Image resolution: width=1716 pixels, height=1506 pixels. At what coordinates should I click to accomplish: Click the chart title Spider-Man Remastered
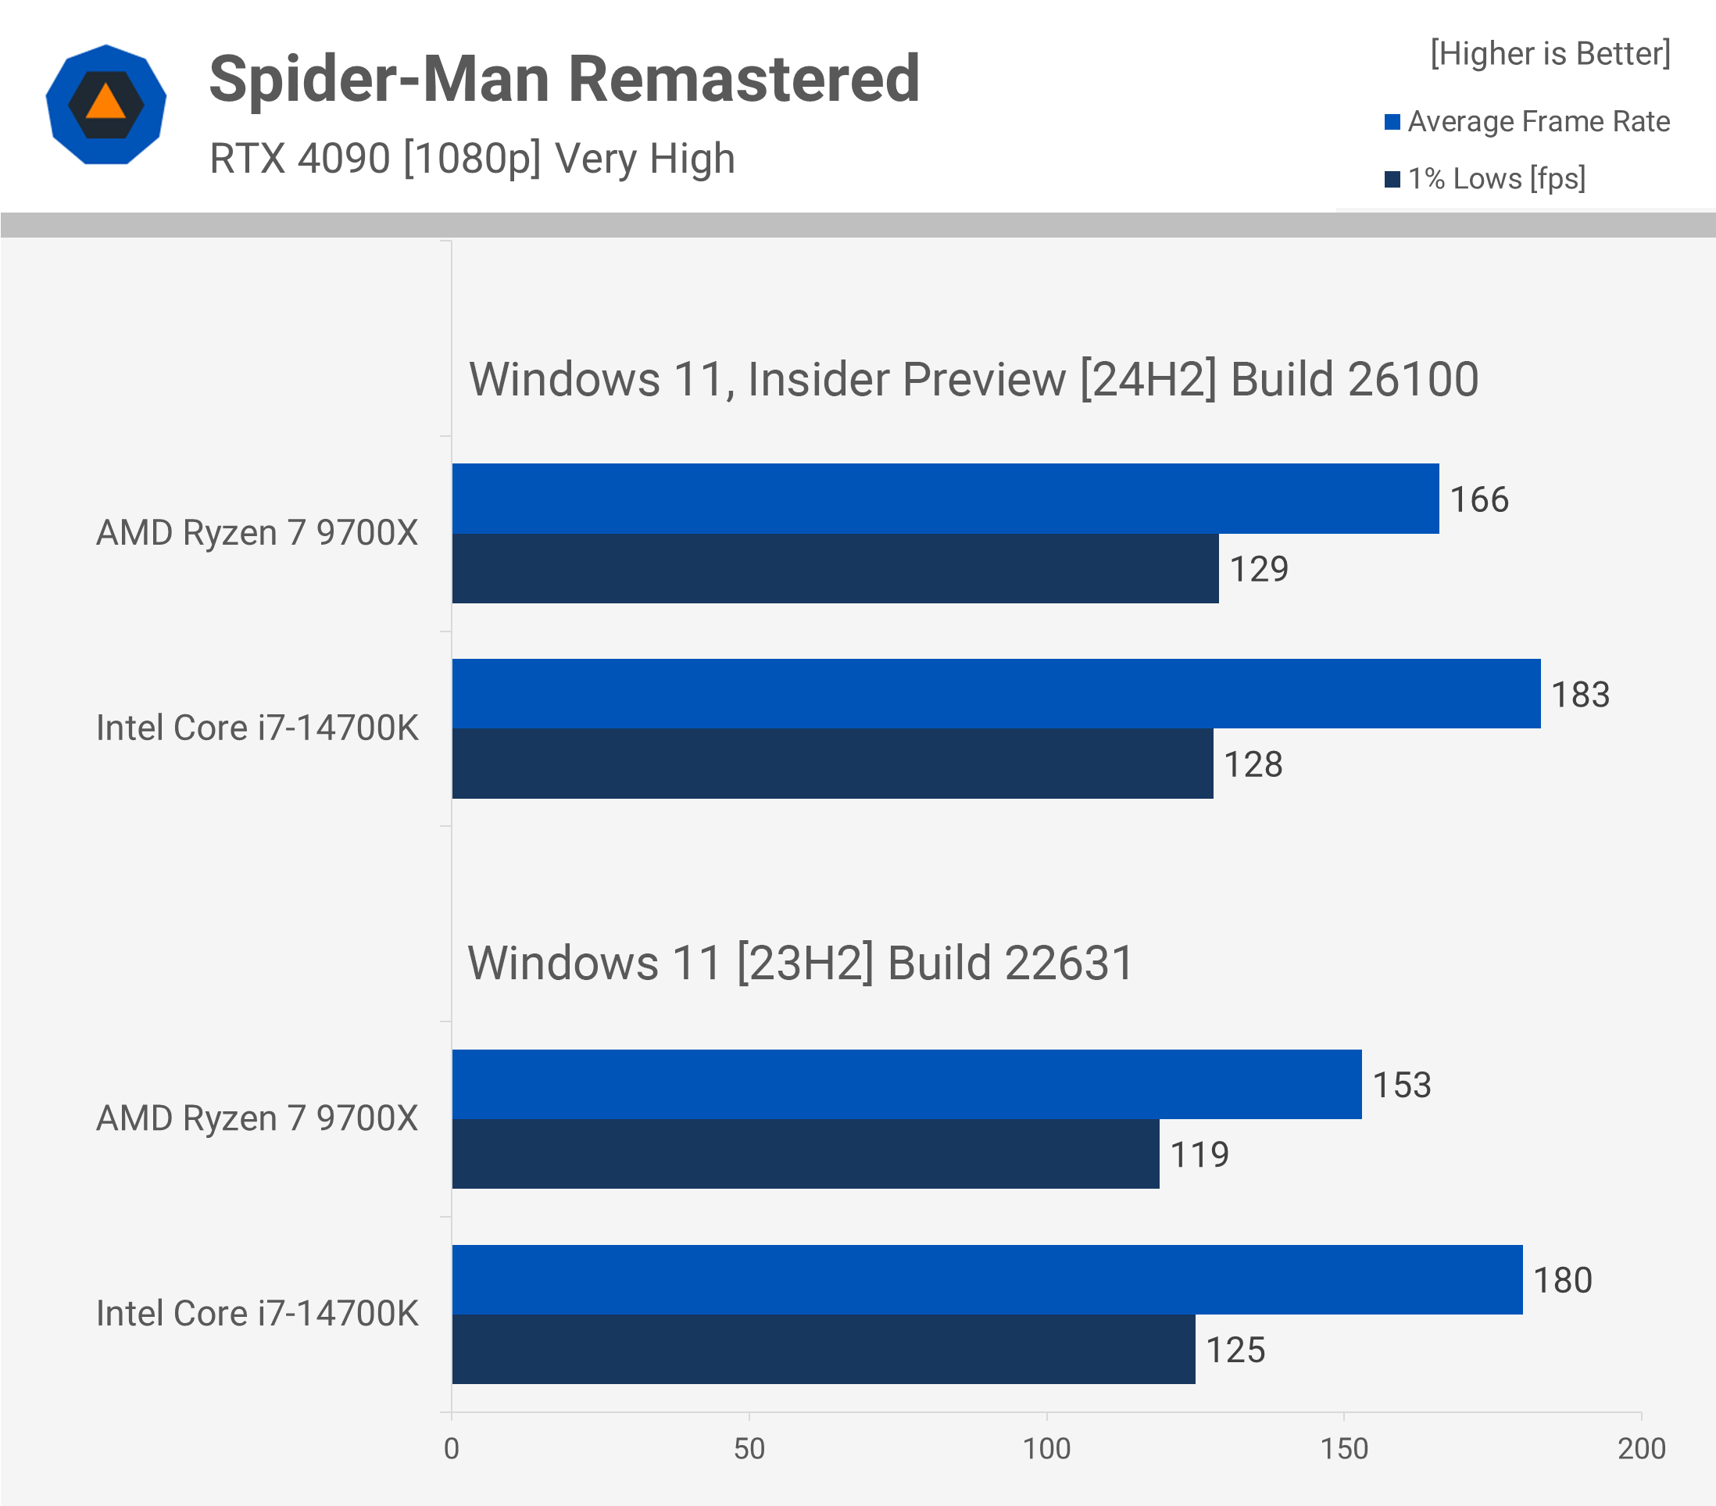(x=564, y=79)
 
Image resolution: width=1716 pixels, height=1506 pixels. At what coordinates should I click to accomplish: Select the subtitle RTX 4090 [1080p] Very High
(x=472, y=159)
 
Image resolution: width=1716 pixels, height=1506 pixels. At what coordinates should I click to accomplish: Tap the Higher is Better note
(x=1550, y=54)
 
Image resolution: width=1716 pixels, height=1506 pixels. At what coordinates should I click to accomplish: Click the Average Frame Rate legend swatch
(x=1392, y=123)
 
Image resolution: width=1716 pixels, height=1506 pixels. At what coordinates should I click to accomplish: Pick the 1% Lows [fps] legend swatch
(x=1392, y=180)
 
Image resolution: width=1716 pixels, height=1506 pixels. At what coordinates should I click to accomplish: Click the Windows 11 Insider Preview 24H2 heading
(x=973, y=380)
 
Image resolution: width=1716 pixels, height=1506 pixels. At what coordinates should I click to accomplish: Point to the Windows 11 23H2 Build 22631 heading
(x=800, y=963)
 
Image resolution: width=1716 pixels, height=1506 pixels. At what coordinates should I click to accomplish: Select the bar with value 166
(x=945, y=499)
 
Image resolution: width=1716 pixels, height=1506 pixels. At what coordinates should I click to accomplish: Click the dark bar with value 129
(x=835, y=568)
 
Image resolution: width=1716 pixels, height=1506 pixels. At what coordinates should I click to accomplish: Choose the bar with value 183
(x=996, y=694)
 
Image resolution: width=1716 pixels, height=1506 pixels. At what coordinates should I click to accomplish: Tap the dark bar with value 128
(x=832, y=764)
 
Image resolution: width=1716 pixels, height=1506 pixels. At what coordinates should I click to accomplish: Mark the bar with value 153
(x=906, y=1085)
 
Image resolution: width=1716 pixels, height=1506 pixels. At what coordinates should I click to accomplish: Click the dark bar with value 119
(x=805, y=1154)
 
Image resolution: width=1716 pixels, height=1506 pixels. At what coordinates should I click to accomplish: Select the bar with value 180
(x=986, y=1280)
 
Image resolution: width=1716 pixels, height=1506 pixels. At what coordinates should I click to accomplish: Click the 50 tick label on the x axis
(x=749, y=1449)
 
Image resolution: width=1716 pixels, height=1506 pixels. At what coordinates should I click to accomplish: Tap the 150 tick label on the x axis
(x=1343, y=1449)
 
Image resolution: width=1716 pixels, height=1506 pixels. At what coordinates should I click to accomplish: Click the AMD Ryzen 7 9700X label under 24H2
(x=257, y=533)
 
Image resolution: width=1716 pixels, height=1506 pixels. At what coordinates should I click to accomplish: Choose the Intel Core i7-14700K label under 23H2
(x=257, y=1314)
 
